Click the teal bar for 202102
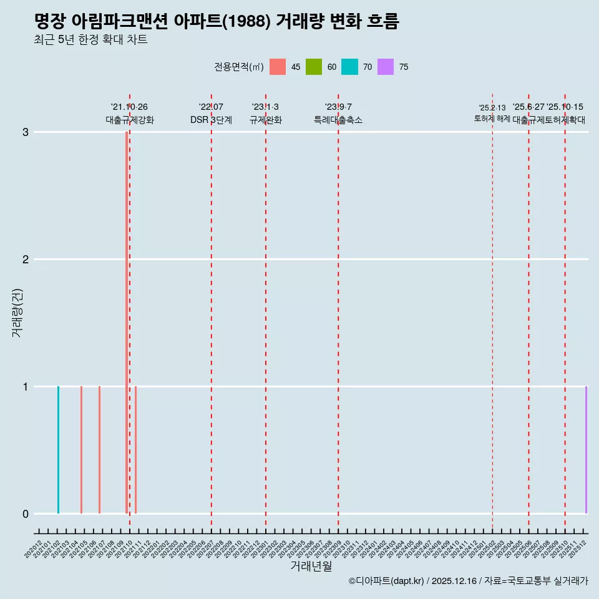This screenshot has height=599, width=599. [x=58, y=449]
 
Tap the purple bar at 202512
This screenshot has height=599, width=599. [x=586, y=449]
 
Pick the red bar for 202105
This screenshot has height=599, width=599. [x=81, y=449]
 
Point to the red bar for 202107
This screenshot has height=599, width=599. [x=99, y=449]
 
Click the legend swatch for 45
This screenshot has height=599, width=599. [x=278, y=67]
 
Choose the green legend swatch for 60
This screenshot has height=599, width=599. [x=314, y=67]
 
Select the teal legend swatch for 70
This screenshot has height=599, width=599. [x=349, y=67]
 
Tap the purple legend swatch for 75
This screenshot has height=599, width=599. [x=386, y=67]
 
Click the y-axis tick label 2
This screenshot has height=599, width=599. [x=26, y=259]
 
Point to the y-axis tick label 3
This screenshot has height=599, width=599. [x=26, y=132]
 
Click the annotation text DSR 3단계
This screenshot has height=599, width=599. [x=211, y=120]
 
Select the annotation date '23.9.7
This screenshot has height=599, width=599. [x=338, y=107]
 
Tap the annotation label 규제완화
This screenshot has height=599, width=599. [x=266, y=120]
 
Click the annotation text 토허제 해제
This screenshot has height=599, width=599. [x=492, y=118]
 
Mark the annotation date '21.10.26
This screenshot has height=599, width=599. [x=129, y=107]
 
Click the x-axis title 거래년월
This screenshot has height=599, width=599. [x=311, y=566]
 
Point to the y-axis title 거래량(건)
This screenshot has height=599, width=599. [x=17, y=312]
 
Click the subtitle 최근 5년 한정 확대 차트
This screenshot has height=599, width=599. [x=91, y=40]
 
